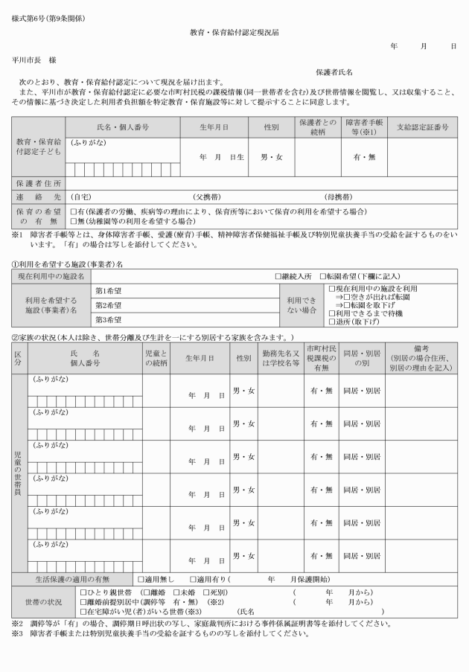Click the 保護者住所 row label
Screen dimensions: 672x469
click(39, 182)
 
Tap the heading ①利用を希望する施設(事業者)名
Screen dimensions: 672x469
click(67, 263)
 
